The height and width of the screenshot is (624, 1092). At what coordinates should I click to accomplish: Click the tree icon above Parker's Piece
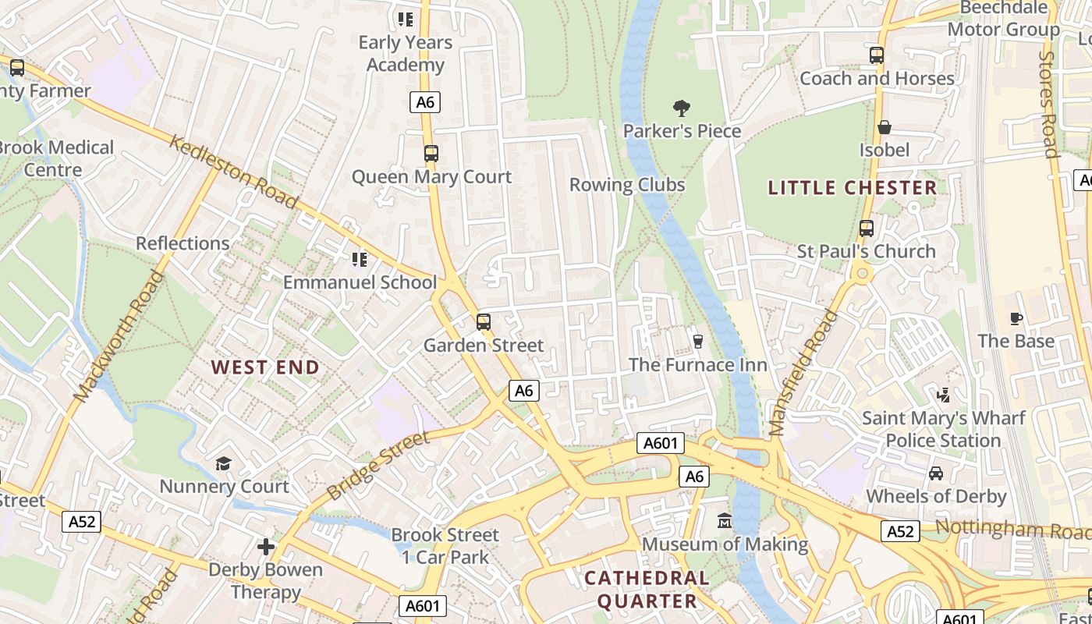pos(681,108)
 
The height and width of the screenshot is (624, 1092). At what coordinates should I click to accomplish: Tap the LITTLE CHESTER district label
pos(852,187)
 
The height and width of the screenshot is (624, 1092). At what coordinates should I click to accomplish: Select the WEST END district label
pos(265,367)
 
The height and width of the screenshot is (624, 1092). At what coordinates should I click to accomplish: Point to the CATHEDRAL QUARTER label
pos(647,589)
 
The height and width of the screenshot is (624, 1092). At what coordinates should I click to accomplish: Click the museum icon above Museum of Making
pos(725,520)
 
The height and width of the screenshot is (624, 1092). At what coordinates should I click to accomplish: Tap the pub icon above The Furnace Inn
pos(698,341)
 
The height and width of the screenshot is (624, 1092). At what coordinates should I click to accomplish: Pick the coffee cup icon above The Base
pos(1016,318)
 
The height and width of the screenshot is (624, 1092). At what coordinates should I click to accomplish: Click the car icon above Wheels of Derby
pos(935,473)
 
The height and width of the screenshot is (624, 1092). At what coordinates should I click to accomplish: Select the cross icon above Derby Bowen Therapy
pos(266,547)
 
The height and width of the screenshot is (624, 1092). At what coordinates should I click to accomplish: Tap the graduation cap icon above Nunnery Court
pos(224,464)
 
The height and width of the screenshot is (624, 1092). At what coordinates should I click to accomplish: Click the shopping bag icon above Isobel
pos(885,127)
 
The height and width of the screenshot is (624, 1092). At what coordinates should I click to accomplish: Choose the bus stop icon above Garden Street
pos(484,322)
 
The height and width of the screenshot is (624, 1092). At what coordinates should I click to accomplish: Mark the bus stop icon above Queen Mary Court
pos(431,154)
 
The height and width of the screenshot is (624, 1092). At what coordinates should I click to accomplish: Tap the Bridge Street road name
pos(378,466)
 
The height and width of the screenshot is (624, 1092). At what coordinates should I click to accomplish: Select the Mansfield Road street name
pos(803,373)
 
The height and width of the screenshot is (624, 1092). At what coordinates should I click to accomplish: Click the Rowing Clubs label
pos(627,185)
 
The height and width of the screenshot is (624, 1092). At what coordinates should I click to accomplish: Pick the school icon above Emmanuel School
pos(359,259)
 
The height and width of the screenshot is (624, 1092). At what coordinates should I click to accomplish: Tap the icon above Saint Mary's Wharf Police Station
pos(943,395)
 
